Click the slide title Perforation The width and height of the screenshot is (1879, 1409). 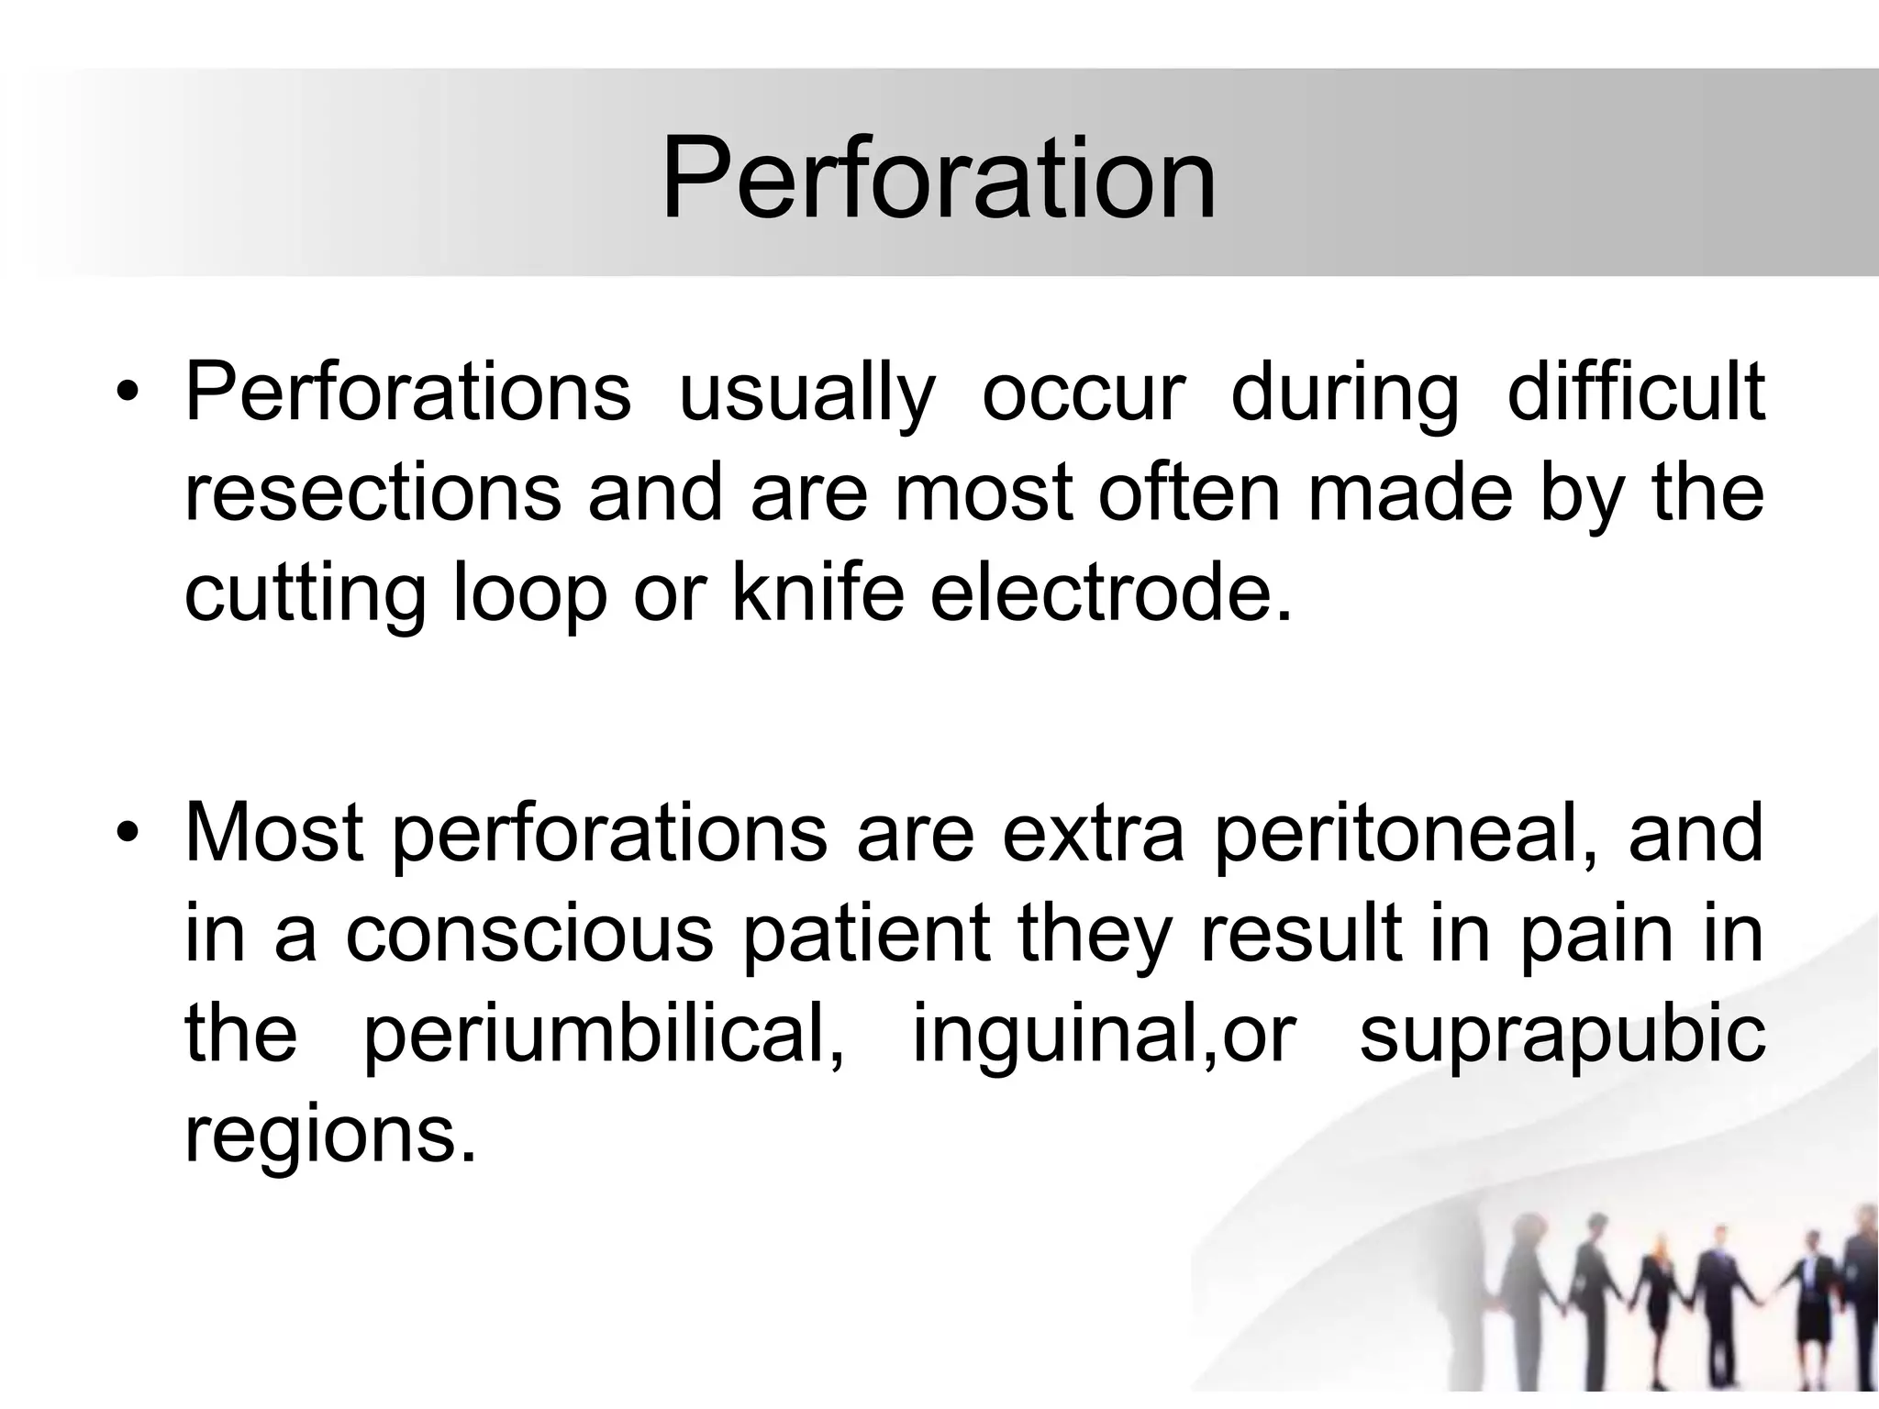click(x=938, y=179)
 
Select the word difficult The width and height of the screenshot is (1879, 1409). click(x=1636, y=393)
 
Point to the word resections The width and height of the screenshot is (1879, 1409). click(x=372, y=493)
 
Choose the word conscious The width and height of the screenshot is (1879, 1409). click(x=529, y=934)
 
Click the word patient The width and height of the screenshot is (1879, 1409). click(x=866, y=934)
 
